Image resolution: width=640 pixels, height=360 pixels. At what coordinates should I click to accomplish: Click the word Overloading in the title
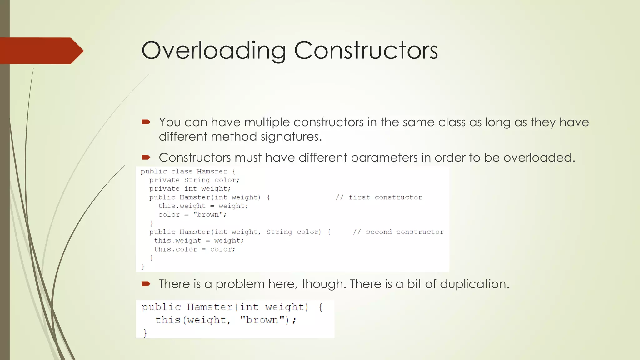(x=214, y=51)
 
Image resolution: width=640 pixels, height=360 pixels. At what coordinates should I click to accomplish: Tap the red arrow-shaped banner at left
(x=41, y=51)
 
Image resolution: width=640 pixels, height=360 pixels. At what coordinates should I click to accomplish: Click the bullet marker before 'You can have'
(x=146, y=122)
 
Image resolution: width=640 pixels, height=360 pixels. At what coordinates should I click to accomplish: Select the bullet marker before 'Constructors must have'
(x=146, y=157)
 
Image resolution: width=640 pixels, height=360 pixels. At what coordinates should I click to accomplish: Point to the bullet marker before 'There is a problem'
(x=146, y=284)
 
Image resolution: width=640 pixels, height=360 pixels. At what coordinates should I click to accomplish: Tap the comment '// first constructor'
(x=379, y=197)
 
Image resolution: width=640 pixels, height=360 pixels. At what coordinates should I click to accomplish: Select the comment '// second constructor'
(x=398, y=232)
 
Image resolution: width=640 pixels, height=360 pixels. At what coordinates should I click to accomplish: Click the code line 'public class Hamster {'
(x=188, y=171)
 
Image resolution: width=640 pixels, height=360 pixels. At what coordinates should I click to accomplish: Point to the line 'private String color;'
(x=194, y=180)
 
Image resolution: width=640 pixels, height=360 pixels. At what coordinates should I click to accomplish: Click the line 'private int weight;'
(x=190, y=189)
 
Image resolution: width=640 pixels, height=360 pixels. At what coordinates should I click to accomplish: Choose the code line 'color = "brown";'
(x=192, y=215)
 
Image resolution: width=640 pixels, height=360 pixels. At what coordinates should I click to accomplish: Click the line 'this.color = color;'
(x=194, y=249)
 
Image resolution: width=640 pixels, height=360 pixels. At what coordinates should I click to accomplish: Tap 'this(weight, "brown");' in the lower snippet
(x=226, y=320)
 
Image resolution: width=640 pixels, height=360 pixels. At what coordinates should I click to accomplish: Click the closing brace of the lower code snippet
(x=145, y=333)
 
